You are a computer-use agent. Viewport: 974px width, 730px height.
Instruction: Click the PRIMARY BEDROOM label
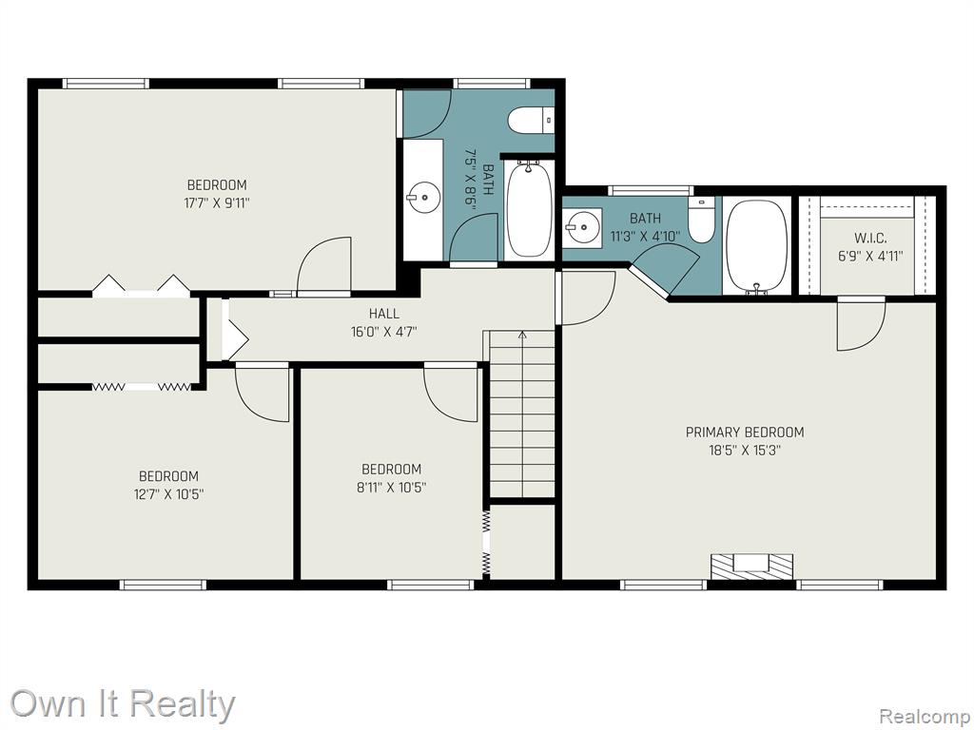[745, 432]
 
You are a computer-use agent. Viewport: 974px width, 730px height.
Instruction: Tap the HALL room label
[384, 314]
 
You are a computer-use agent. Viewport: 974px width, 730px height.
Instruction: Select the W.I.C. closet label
[870, 238]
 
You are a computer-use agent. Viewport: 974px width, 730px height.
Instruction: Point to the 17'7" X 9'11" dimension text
[217, 203]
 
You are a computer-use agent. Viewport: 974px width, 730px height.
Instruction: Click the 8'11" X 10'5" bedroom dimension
[391, 488]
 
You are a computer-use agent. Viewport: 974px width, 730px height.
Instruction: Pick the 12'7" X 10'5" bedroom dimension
[168, 494]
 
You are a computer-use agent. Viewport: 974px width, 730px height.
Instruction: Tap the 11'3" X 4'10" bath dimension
[646, 236]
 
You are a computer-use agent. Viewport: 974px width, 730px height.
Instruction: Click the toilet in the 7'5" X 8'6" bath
[531, 120]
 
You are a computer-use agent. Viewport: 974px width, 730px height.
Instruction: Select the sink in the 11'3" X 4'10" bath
[583, 227]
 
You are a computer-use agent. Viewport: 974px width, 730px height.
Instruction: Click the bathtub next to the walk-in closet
[756, 246]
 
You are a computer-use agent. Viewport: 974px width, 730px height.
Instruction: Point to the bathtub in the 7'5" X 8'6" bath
[529, 208]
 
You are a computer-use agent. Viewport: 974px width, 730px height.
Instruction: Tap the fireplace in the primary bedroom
[752, 567]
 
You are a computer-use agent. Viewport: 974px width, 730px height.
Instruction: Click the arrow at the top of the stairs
[522, 336]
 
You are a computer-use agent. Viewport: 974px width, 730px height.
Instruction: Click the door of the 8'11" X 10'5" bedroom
[451, 395]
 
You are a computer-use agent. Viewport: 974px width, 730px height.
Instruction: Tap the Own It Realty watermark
[123, 704]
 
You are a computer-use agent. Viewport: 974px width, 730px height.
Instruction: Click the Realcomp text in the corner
[923, 715]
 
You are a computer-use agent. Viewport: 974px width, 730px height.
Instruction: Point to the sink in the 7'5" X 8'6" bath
[423, 198]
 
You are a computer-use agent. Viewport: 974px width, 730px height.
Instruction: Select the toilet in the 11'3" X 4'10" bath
[702, 221]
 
